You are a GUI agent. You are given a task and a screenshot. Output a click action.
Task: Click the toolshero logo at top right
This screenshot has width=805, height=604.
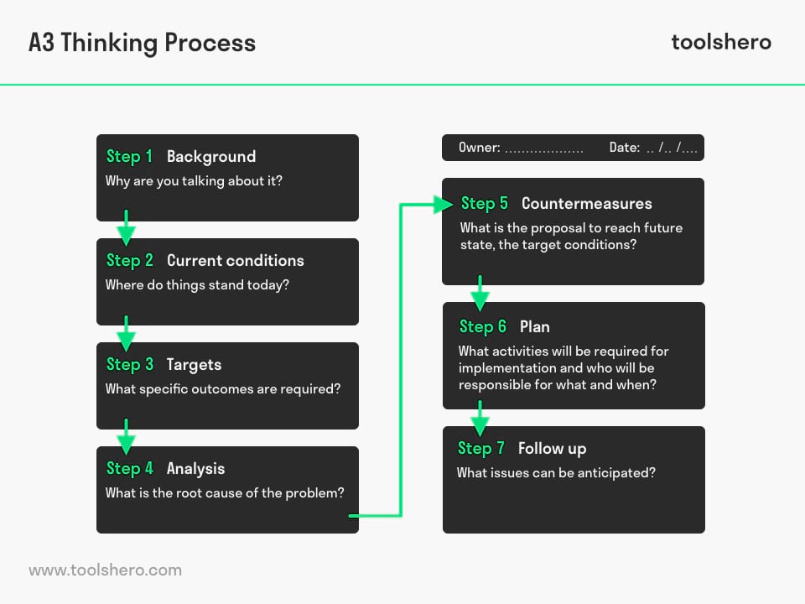click(721, 42)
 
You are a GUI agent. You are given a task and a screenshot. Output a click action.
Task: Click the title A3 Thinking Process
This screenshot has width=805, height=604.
click(143, 43)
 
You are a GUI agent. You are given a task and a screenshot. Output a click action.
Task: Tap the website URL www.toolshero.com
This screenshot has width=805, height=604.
click(106, 570)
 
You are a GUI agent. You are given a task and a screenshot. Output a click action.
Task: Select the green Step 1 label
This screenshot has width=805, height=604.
click(129, 157)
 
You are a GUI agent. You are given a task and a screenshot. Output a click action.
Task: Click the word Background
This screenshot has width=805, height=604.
click(211, 157)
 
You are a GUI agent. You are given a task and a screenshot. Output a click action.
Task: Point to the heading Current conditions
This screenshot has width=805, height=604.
click(235, 260)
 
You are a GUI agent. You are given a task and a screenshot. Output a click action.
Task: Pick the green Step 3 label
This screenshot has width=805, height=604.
click(130, 365)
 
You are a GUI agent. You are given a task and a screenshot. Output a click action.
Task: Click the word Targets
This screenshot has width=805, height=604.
click(194, 365)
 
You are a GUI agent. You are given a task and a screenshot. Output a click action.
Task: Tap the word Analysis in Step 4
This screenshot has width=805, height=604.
click(195, 469)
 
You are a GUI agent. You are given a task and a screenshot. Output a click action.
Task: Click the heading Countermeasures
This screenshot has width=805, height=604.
click(587, 204)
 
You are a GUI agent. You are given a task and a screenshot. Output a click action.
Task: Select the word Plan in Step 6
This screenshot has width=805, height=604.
click(534, 326)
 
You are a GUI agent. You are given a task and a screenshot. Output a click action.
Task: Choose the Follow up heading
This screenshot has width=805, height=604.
click(552, 449)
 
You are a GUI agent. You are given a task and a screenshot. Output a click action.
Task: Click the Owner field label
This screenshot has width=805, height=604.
click(480, 148)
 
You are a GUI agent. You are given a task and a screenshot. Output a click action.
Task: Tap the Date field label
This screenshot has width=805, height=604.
click(625, 148)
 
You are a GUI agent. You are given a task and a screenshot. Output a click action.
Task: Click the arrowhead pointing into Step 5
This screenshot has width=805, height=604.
click(443, 205)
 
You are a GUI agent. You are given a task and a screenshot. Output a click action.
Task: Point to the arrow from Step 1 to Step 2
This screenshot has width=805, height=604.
click(127, 227)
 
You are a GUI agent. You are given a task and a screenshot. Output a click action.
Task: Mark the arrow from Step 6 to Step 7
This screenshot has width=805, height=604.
click(480, 419)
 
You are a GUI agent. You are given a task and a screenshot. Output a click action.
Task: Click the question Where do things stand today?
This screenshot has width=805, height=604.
click(197, 285)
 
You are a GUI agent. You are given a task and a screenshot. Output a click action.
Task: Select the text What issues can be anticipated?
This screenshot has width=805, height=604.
click(556, 473)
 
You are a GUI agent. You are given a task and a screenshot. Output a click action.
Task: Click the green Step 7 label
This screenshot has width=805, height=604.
click(481, 448)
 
